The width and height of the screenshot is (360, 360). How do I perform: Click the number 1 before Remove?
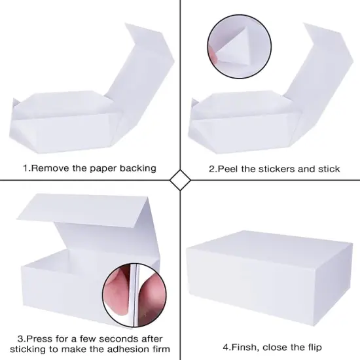26,168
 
